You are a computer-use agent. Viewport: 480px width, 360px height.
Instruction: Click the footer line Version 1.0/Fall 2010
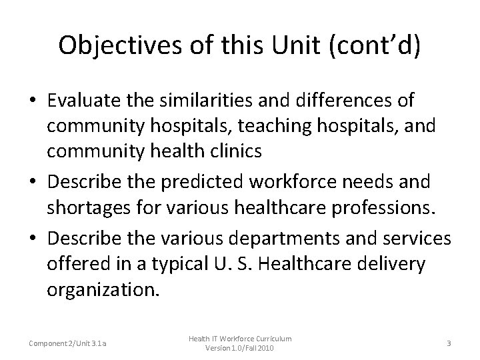pyautogui.click(x=239, y=349)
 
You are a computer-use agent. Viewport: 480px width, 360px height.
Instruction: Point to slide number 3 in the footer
pyautogui.click(x=449, y=343)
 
